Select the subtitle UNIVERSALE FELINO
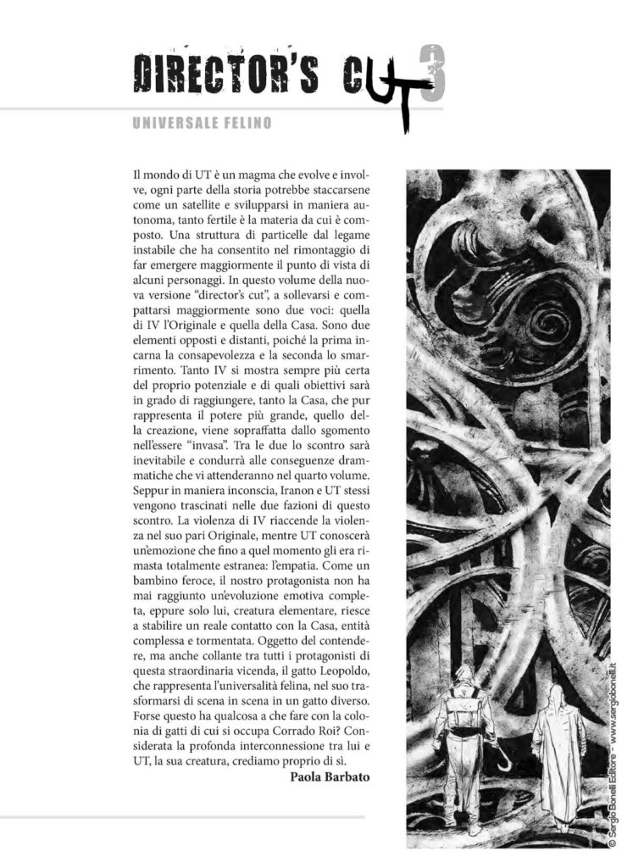[x=203, y=124]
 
